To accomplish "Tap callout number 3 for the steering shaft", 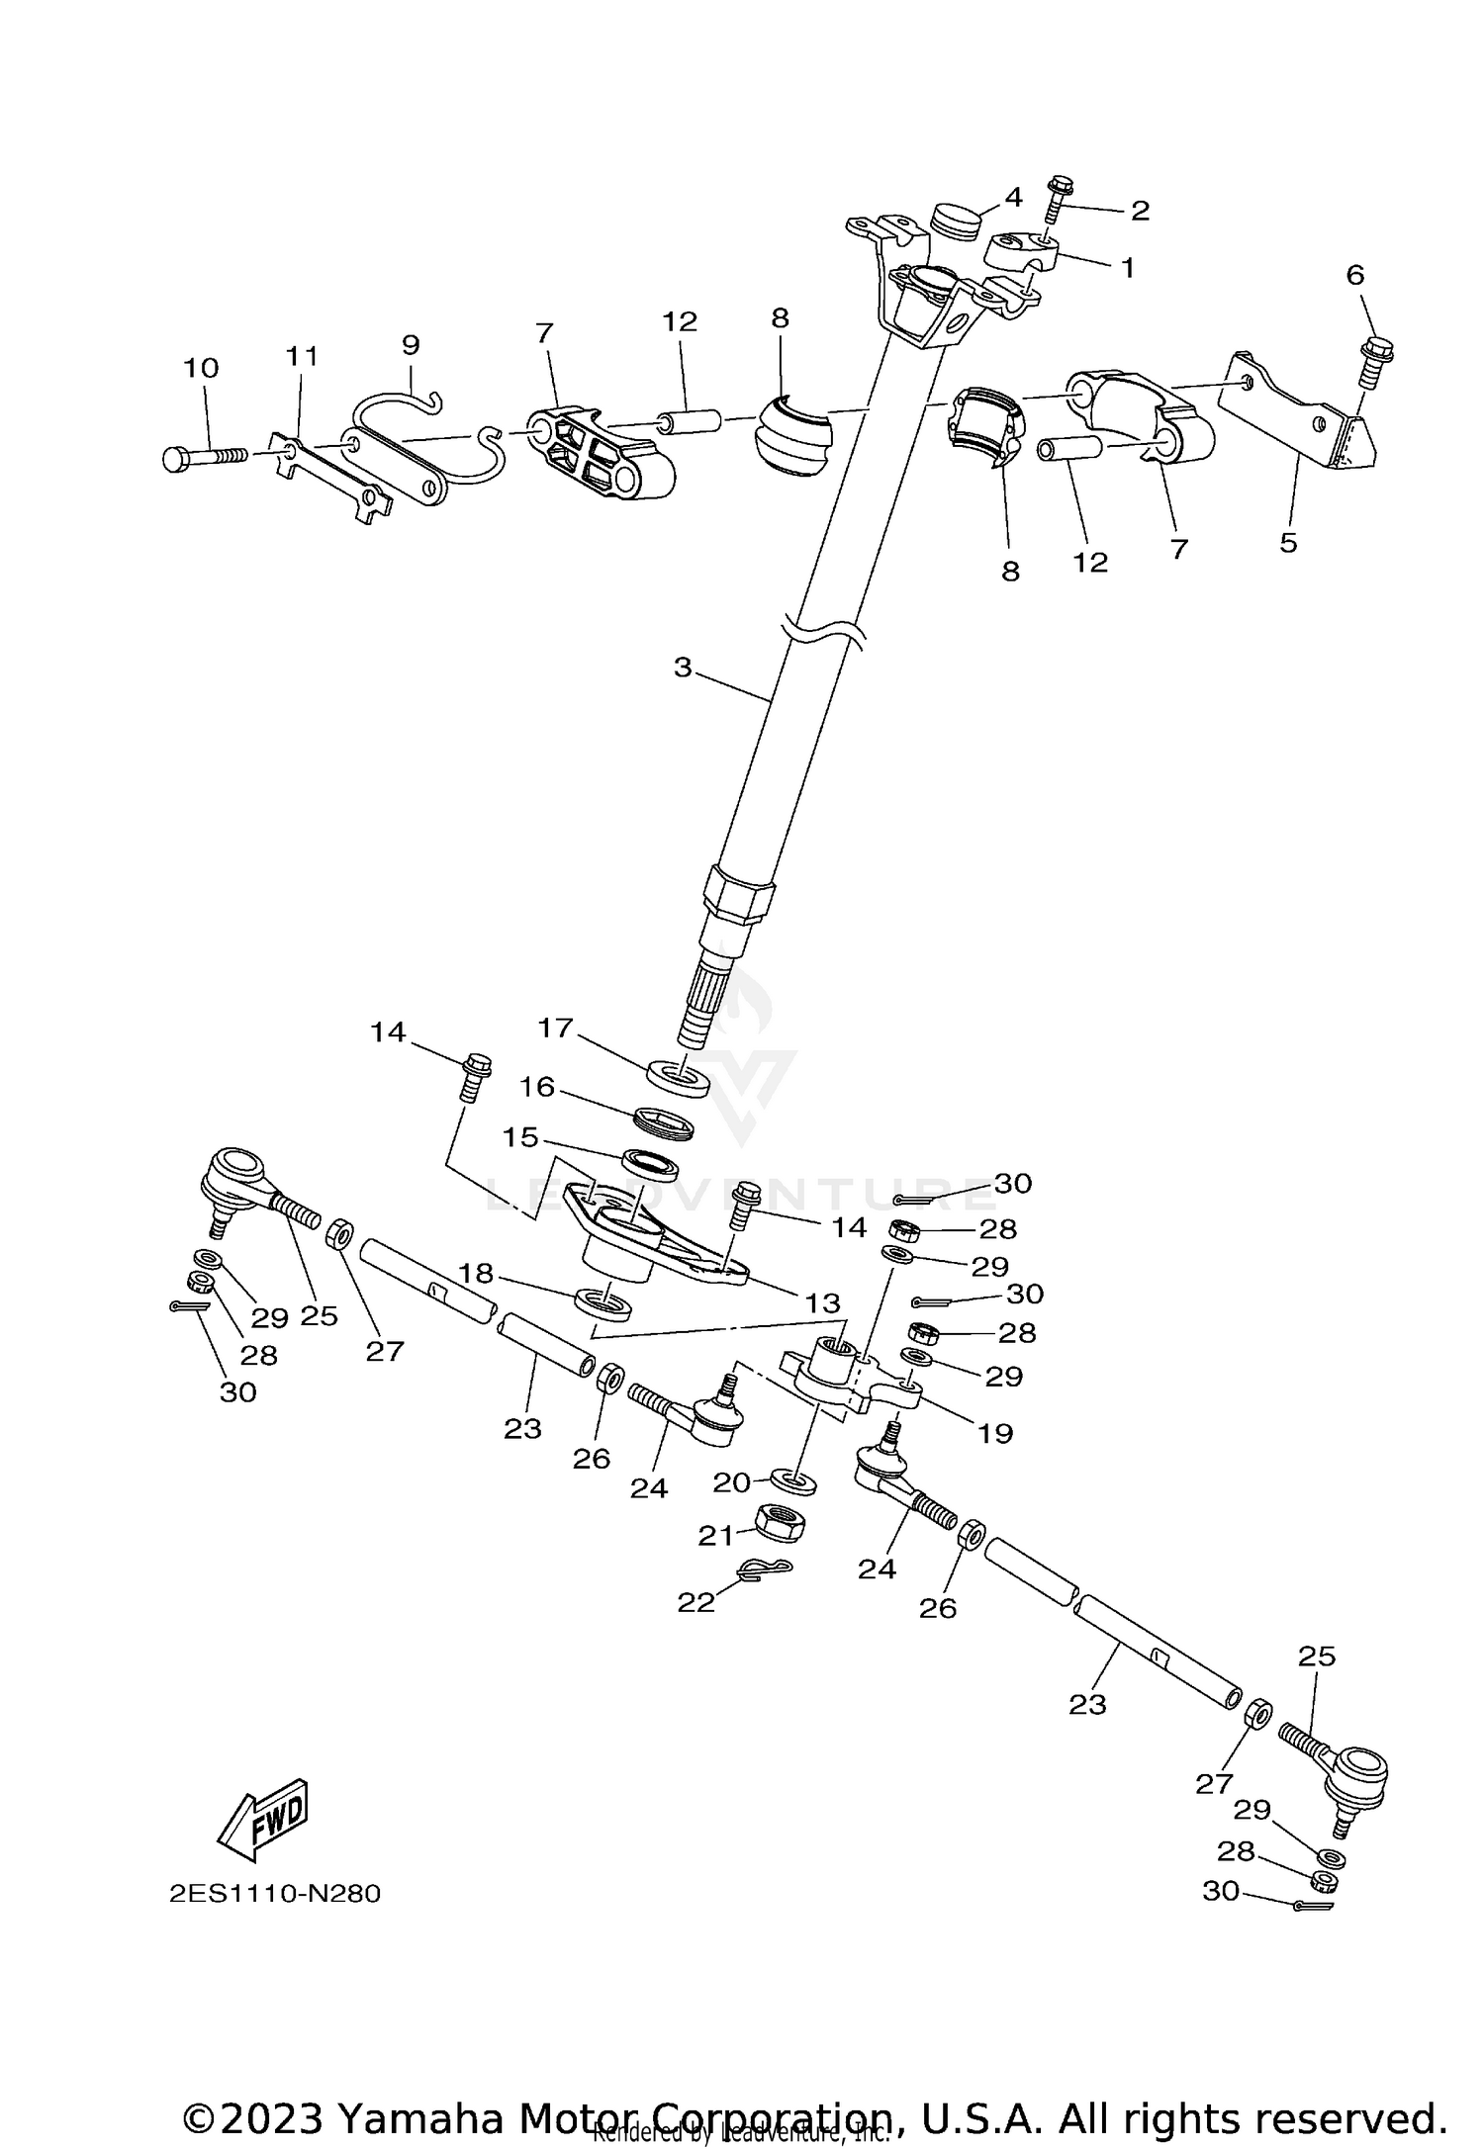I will [x=683, y=668].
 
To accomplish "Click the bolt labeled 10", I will [x=205, y=457].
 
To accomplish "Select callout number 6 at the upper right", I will [x=1354, y=275].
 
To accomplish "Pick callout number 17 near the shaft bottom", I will [x=555, y=1028].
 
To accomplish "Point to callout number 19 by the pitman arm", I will [x=995, y=1433].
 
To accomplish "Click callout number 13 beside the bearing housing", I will [x=823, y=1303].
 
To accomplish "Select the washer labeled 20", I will [x=792, y=1480].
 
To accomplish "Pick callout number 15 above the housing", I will [x=519, y=1137].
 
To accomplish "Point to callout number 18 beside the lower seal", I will [x=476, y=1273].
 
